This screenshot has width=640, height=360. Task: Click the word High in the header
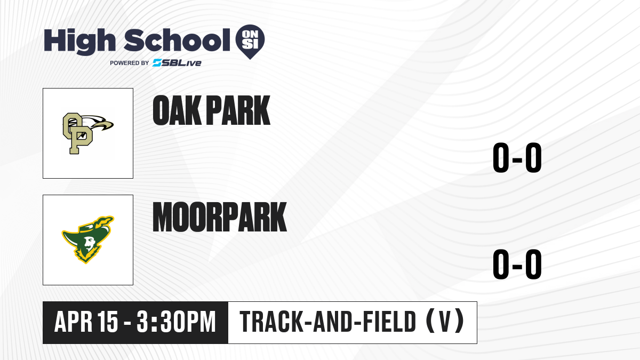tap(79, 41)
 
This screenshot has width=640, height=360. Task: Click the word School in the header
tap(177, 40)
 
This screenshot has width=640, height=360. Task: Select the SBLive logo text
tap(177, 63)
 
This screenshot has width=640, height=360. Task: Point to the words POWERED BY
tap(130, 63)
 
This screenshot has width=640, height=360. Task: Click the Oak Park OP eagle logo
tap(88, 133)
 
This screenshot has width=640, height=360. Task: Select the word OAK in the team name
tap(177, 110)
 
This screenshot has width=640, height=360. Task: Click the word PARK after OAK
tap(238, 110)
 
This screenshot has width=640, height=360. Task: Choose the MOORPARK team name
tap(219, 217)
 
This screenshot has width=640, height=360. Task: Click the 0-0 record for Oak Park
tap(517, 157)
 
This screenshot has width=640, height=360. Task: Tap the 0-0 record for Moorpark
tap(517, 264)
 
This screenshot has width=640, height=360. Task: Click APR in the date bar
tap(74, 322)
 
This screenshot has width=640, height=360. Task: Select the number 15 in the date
tap(108, 322)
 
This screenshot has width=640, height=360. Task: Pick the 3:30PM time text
tap(176, 322)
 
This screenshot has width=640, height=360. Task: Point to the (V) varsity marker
tap(445, 322)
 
